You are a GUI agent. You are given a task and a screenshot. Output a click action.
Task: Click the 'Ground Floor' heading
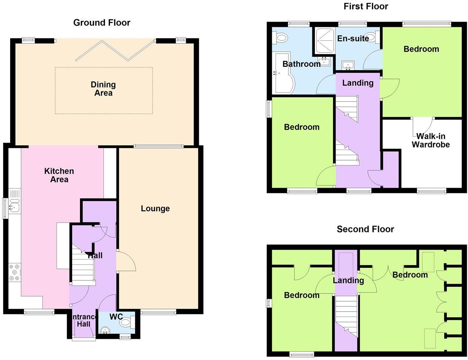pos(102,23)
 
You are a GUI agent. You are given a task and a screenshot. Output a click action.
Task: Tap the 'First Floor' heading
pos(365,6)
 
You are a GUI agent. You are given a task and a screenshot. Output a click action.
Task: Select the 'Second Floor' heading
pos(365,229)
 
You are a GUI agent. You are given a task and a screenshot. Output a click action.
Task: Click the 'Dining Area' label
pos(103,89)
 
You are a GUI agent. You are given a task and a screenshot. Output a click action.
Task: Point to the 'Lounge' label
pos(155,209)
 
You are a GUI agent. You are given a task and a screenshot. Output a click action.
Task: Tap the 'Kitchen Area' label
pos(59,175)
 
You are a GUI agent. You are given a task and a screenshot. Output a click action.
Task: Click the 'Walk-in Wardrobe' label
pos(431,141)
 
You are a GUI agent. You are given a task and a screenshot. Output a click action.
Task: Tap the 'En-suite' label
pos(353,39)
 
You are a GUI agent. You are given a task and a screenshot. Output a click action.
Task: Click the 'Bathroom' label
pos(301,64)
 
